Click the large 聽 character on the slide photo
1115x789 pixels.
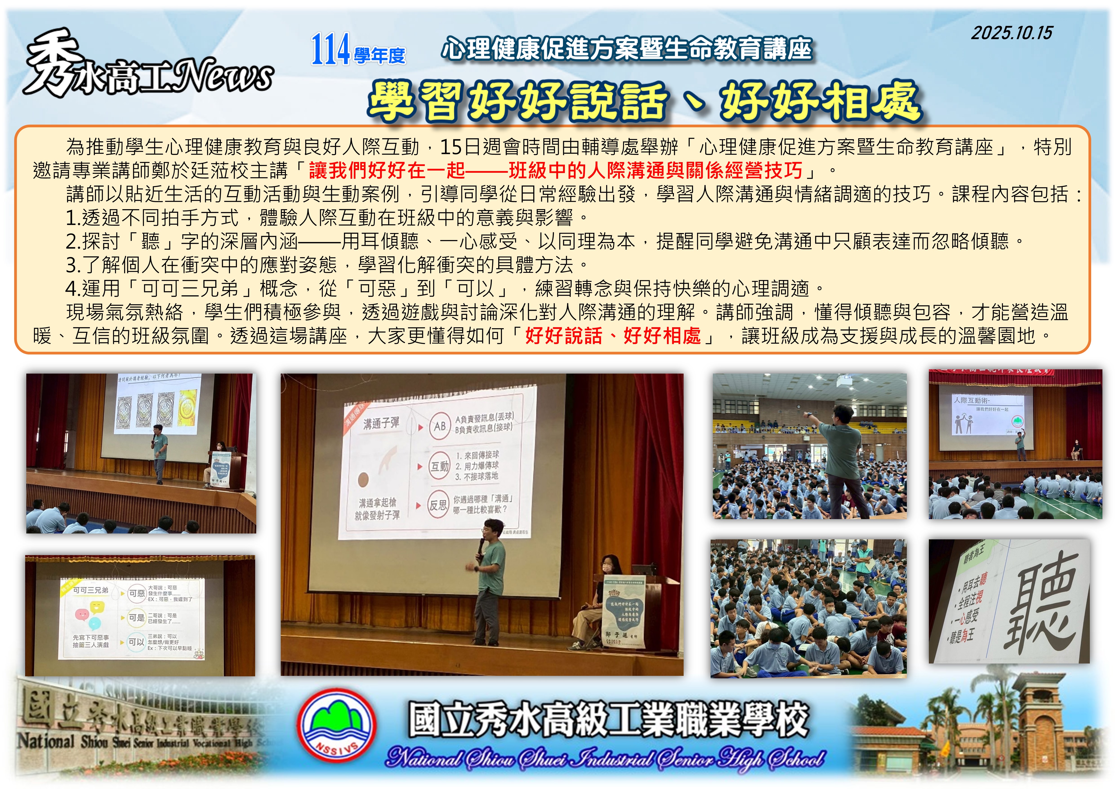point(1037,603)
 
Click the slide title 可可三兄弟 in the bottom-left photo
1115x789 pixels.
point(91,590)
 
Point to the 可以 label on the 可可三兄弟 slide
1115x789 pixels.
point(136,642)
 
